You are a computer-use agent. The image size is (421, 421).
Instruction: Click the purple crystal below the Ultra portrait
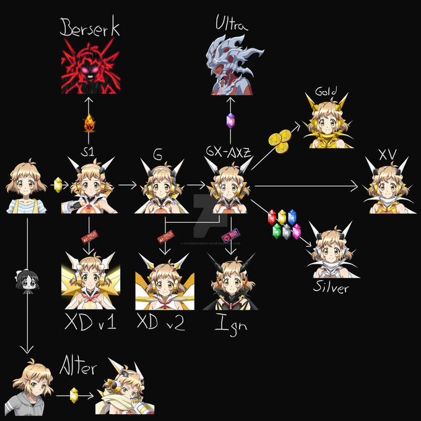pos(230,121)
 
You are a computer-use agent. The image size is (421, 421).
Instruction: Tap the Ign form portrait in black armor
pos(232,283)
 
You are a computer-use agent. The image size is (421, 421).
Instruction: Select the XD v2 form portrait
pos(160,283)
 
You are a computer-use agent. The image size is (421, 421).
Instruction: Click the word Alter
pos(78,368)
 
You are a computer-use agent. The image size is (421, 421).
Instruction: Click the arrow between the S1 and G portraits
pos(127,184)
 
